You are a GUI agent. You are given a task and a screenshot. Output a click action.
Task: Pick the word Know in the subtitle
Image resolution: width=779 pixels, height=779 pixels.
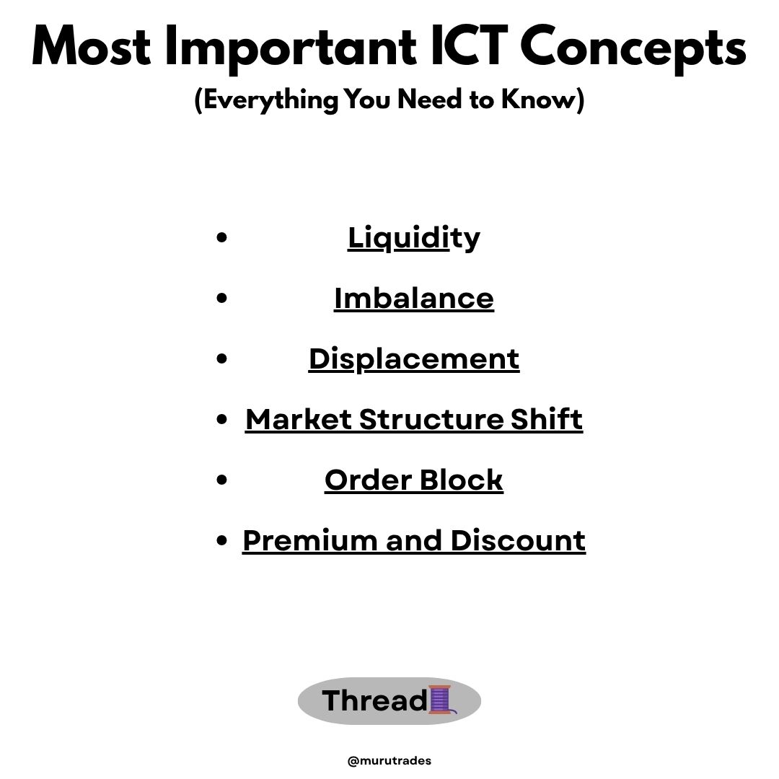(545, 100)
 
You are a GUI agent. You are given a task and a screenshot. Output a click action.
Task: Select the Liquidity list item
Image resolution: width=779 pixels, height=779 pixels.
(413, 237)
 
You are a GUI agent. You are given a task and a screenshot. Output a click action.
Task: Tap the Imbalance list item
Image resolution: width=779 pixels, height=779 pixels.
(413, 298)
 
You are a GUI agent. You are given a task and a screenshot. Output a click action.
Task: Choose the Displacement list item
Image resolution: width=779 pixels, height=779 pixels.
(413, 358)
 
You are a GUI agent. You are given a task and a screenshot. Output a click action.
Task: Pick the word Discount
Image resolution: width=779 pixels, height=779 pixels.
(518, 540)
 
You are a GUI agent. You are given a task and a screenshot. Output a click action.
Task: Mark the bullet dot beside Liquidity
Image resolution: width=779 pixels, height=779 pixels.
(222, 237)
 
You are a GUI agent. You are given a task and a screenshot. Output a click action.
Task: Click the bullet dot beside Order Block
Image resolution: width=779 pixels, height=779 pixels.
(222, 480)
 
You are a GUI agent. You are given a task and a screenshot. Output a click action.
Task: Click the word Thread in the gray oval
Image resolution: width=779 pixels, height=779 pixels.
(374, 700)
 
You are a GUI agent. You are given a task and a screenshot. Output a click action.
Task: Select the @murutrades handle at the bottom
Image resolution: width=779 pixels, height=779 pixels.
(389, 760)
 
